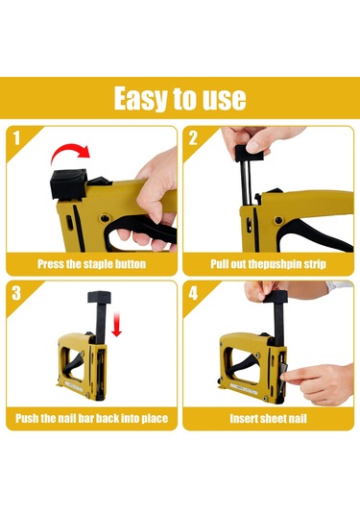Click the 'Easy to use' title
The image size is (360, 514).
(180, 98)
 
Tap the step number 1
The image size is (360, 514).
(16, 138)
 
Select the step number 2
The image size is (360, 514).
(193, 138)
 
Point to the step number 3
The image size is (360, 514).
(16, 293)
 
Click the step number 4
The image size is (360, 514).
(193, 293)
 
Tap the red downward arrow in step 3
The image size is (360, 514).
(116, 325)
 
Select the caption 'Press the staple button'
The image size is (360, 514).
(92, 264)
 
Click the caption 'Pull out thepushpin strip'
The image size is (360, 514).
(268, 264)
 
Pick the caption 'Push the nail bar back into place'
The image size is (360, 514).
(92, 418)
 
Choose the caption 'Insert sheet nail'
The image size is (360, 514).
(268, 418)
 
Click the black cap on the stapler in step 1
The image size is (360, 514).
(68, 184)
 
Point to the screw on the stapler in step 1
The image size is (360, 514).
(105, 218)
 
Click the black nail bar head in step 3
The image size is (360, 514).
(100, 297)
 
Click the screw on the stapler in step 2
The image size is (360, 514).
(278, 220)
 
